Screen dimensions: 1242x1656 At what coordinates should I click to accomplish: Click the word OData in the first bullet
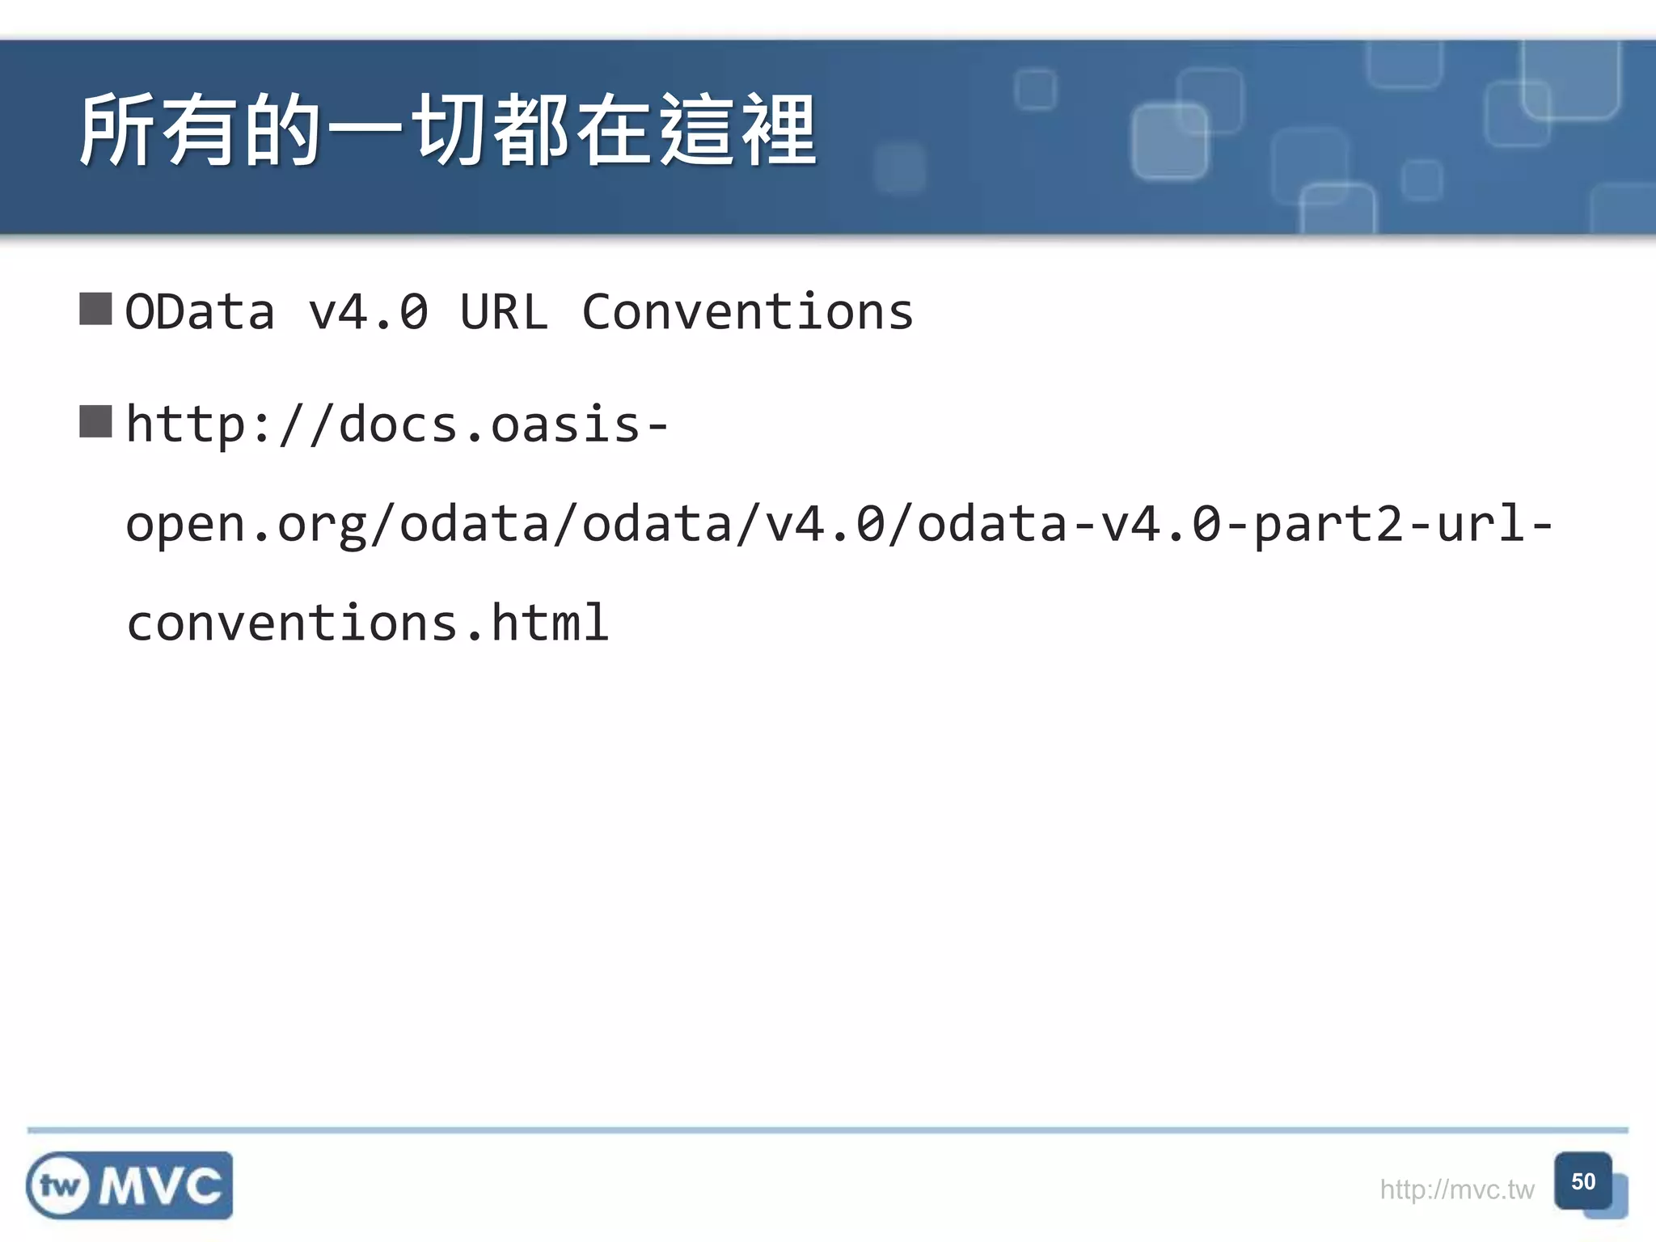(x=200, y=312)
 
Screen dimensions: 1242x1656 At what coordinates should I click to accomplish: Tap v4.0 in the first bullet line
(x=368, y=312)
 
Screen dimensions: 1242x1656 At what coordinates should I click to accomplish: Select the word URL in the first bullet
(x=504, y=312)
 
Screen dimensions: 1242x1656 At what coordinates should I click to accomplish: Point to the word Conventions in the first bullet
(x=747, y=312)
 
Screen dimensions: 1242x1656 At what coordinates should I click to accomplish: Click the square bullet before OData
(x=95, y=309)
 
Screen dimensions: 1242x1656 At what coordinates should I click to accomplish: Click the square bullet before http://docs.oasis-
(x=95, y=421)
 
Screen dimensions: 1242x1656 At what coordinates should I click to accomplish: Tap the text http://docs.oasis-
(x=397, y=425)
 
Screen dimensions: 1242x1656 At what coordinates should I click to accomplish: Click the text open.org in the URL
(x=246, y=525)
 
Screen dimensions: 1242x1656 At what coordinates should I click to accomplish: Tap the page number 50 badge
(x=1583, y=1181)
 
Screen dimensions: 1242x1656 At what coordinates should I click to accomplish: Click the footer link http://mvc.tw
(x=1456, y=1189)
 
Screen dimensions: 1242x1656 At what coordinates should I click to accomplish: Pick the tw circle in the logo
(x=58, y=1186)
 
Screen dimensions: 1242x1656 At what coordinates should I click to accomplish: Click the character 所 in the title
(x=118, y=131)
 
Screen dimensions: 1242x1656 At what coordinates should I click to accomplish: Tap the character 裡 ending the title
(x=779, y=131)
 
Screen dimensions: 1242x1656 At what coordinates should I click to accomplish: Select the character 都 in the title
(x=531, y=131)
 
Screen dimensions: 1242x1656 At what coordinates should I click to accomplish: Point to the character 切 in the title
(x=450, y=131)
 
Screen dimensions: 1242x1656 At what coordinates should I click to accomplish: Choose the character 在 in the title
(x=615, y=131)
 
